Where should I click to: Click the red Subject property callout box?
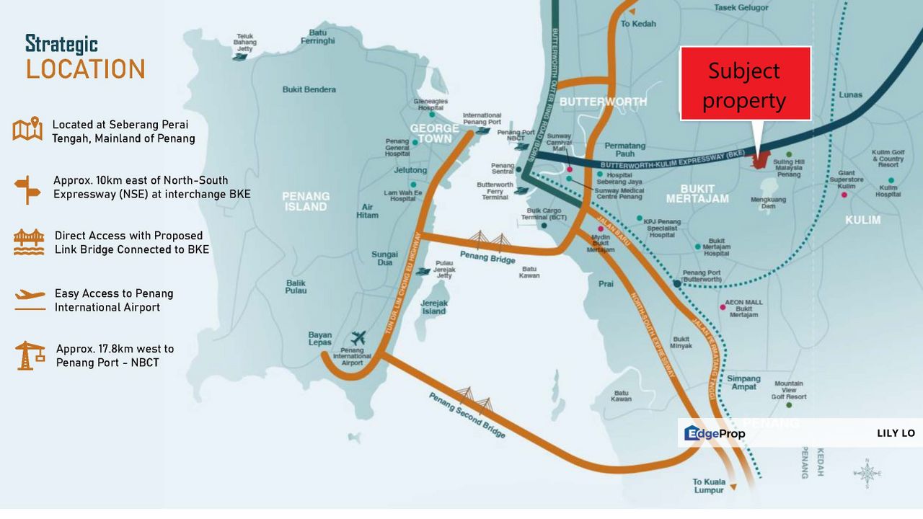click(x=746, y=84)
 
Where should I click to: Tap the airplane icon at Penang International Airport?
click(x=358, y=337)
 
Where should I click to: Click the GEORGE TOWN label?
click(x=434, y=133)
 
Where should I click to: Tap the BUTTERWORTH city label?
click(x=603, y=102)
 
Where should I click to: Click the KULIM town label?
click(x=862, y=219)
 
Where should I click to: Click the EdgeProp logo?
click(x=715, y=433)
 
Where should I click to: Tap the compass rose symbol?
click(x=867, y=473)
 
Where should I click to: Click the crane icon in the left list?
click(x=30, y=355)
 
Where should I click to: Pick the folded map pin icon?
click(x=28, y=130)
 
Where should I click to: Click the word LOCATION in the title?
click(x=86, y=69)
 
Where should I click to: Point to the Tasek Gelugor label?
click(x=742, y=8)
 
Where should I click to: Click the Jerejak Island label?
click(x=434, y=307)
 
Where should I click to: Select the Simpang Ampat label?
click(x=743, y=383)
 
